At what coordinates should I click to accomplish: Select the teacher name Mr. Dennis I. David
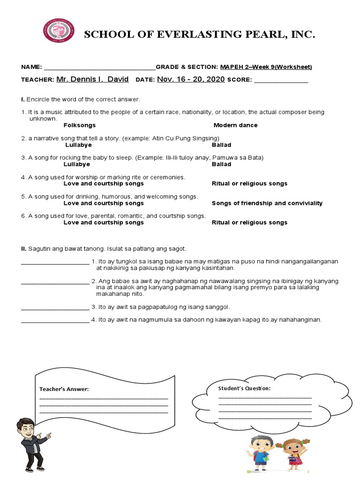[x=92, y=79]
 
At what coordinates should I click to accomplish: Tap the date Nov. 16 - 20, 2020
[x=191, y=79]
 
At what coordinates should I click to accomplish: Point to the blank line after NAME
[x=99, y=67]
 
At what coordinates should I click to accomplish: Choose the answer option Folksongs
[x=79, y=125]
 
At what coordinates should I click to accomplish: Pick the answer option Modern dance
[x=235, y=125]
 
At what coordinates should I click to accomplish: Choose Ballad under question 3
[x=221, y=164]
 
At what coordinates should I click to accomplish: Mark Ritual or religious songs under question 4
[x=249, y=183]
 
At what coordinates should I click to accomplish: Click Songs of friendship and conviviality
[x=267, y=203]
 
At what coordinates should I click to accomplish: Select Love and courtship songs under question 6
[x=104, y=222]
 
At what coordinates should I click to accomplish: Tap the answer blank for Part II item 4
[x=55, y=321]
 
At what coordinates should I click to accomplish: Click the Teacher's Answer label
[x=64, y=389]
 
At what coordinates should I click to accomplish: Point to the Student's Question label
[x=244, y=388]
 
